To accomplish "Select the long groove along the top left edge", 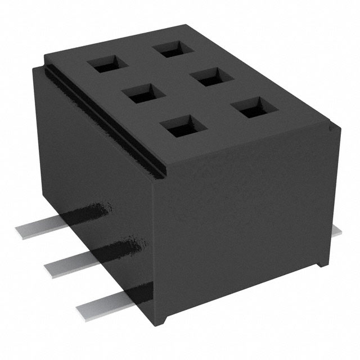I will coord(101,119).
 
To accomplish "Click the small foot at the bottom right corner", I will coord(321,262).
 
